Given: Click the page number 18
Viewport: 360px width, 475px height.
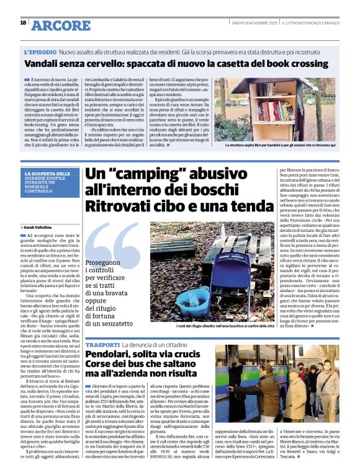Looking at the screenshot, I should (23, 22).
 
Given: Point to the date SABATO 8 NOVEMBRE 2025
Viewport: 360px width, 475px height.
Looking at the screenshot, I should (254, 22).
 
